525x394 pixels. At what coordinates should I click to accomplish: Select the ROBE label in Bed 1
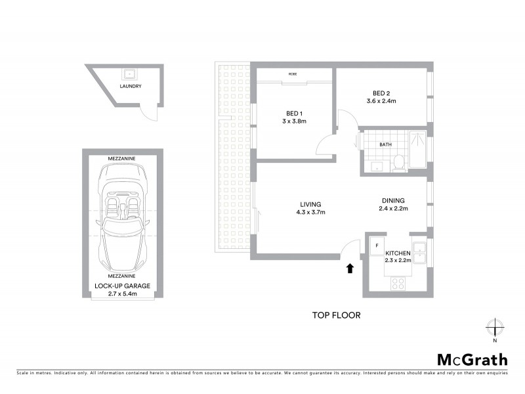(292, 74)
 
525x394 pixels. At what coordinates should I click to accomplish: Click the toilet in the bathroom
(398, 164)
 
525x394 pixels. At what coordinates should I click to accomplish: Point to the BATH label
(386, 145)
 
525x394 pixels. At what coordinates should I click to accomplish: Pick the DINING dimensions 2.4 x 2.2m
(393, 209)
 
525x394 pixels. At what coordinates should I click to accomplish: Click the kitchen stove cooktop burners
(398, 283)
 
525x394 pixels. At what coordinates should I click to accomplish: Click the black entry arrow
(350, 267)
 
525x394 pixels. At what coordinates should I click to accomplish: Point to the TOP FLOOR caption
(336, 315)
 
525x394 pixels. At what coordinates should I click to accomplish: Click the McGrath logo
(472, 359)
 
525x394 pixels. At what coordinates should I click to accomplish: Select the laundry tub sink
(130, 73)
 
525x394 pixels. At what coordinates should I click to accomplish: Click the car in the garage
(121, 217)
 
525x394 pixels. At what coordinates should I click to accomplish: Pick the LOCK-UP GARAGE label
(121, 286)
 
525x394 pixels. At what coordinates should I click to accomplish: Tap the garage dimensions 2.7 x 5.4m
(121, 294)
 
